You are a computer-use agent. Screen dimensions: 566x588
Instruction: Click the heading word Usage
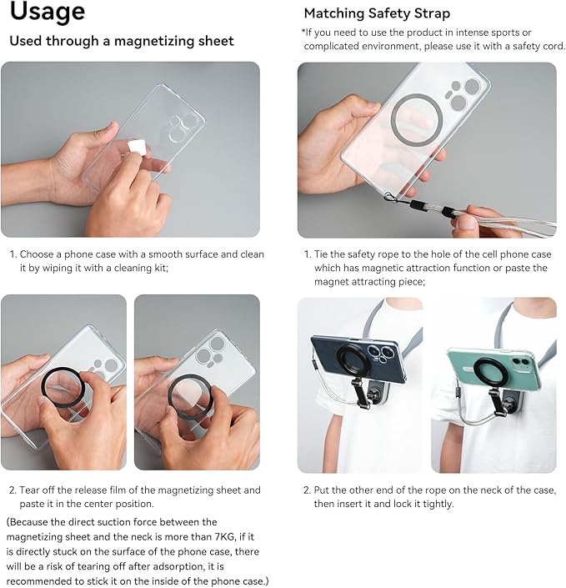[48, 12]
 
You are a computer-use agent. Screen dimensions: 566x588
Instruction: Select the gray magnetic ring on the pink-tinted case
[417, 119]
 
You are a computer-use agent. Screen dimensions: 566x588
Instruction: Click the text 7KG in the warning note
[224, 536]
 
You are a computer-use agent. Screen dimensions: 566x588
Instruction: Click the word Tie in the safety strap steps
[321, 254]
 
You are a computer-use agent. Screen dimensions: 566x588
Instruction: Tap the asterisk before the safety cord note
[303, 32]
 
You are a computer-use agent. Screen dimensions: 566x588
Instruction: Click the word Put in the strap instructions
[321, 490]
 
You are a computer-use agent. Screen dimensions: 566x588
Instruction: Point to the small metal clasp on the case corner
[391, 196]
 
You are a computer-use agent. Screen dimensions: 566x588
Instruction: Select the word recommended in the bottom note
[40, 580]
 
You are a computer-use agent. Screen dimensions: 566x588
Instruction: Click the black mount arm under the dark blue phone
[360, 393]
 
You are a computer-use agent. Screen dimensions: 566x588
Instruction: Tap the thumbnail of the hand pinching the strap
[427, 150]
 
